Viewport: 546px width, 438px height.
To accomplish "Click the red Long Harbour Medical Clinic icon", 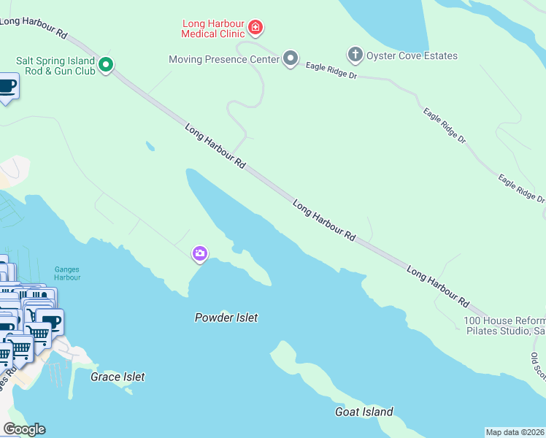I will [x=255, y=28].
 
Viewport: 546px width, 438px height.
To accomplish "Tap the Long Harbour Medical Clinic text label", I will [x=213, y=28].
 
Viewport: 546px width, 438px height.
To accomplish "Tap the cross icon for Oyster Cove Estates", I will [x=355, y=55].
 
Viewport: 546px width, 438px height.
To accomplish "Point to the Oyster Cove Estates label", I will [x=412, y=55].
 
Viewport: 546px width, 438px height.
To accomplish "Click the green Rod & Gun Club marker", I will [x=106, y=66].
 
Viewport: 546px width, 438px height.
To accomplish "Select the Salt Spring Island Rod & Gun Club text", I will [x=55, y=66].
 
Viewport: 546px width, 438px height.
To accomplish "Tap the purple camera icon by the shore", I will [x=199, y=254].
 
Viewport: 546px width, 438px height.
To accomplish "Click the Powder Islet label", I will [x=226, y=318].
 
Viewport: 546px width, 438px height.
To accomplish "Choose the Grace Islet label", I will [x=118, y=377].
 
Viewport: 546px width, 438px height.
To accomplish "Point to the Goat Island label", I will [x=364, y=412].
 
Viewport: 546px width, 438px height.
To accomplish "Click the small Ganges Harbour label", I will [x=66, y=274].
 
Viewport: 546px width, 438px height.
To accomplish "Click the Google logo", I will [x=24, y=429].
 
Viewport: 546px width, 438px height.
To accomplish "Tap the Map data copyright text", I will [x=515, y=432].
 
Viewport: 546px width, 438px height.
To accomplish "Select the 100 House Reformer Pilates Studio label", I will [x=504, y=326].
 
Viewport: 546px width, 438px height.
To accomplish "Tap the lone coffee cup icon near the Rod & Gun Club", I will [x=7, y=86].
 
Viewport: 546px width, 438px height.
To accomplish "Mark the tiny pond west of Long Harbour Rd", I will [x=150, y=146].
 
